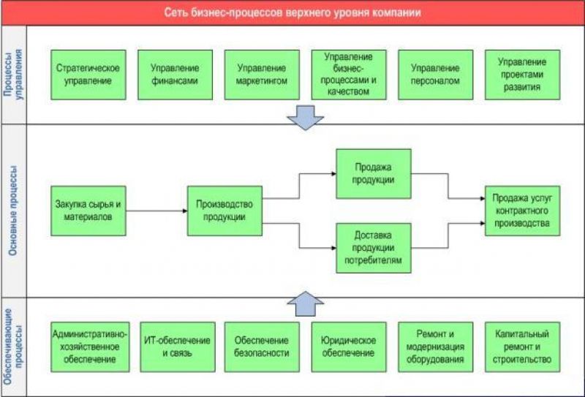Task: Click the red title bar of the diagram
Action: pyautogui.click(x=292, y=12)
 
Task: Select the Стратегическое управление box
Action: pyautogui.click(x=88, y=75)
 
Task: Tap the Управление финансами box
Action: pyautogui.click(x=175, y=75)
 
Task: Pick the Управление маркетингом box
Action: pyautogui.click(x=262, y=75)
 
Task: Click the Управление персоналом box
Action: pyautogui.click(x=435, y=75)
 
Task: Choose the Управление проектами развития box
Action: pyautogui.click(x=522, y=75)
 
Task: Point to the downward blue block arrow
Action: pyautogui.click(x=306, y=118)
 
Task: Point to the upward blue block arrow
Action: pyautogui.click(x=306, y=303)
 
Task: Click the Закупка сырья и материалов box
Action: pyautogui.click(x=88, y=211)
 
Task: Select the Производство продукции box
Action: pyautogui.click(x=224, y=211)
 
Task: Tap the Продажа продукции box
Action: pyautogui.click(x=374, y=173)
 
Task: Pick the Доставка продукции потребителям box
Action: pyautogui.click(x=374, y=248)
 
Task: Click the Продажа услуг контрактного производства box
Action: pyautogui.click(x=522, y=211)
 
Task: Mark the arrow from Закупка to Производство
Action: pyautogui.click(x=156, y=211)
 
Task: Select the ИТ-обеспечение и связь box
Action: pyautogui.click(x=178, y=347)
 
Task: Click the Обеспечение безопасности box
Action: pyautogui.click(x=262, y=347)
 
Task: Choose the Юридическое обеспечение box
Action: pyautogui.click(x=349, y=347)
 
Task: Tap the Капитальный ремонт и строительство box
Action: pyautogui.click(x=522, y=347)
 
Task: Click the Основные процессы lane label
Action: pyautogui.click(x=13, y=211)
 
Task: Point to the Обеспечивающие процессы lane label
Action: pyautogui.click(x=13, y=347)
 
